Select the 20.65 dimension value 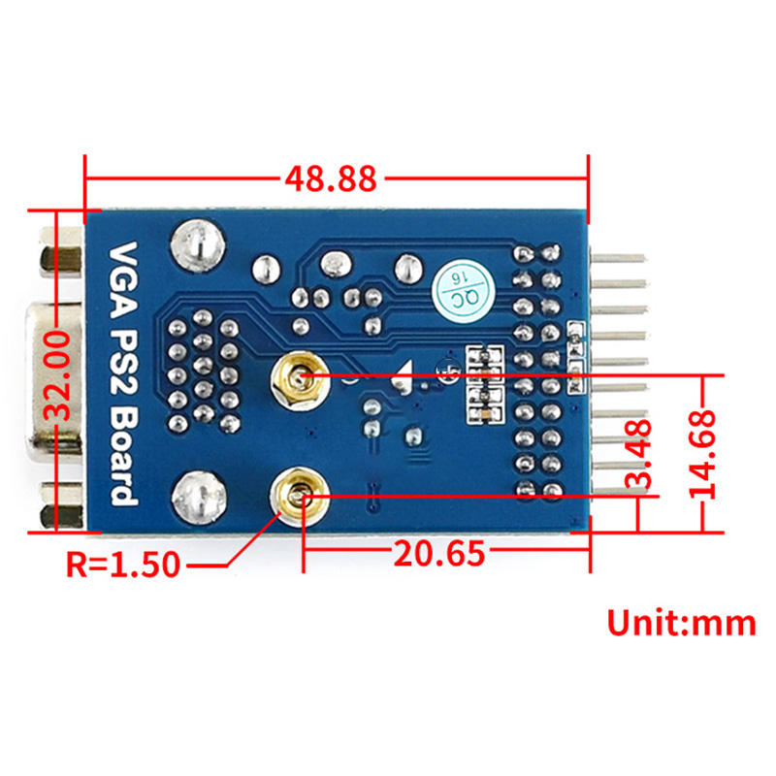pyautogui.click(x=437, y=555)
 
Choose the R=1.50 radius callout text pyautogui.click(x=122, y=563)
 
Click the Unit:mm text pyautogui.click(x=681, y=622)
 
